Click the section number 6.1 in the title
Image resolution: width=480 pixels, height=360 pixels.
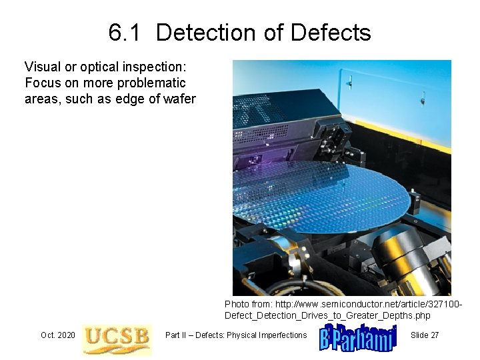tap(124, 33)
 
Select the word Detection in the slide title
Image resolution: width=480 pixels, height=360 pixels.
tap(204, 33)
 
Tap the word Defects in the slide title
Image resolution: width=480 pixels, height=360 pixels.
tap(330, 33)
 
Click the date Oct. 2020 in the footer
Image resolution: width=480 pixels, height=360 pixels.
tap(57, 335)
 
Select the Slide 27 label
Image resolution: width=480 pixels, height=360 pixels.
tap(425, 335)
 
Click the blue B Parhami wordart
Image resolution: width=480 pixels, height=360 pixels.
tap(358, 337)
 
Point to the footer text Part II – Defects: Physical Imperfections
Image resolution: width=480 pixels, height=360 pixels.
tap(236, 335)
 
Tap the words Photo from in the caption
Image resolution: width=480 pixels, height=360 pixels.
tap(247, 304)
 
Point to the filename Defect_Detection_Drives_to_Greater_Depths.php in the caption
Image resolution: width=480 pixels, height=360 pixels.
tap(327, 315)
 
